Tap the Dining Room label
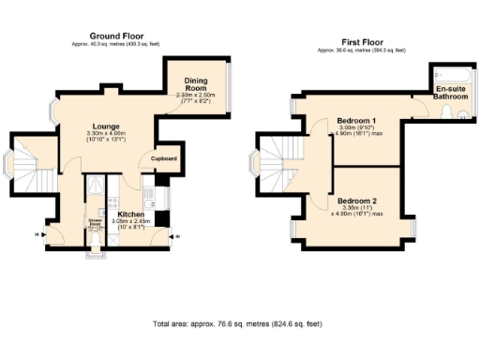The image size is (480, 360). pyautogui.click(x=196, y=87)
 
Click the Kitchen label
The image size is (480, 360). pyautogui.click(x=130, y=214)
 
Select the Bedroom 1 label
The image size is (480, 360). pyautogui.click(x=356, y=121)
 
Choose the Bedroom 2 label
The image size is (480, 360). pyautogui.click(x=357, y=202)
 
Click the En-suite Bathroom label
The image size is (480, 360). pyautogui.click(x=451, y=93)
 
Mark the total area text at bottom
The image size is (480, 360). pyautogui.click(x=239, y=323)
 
